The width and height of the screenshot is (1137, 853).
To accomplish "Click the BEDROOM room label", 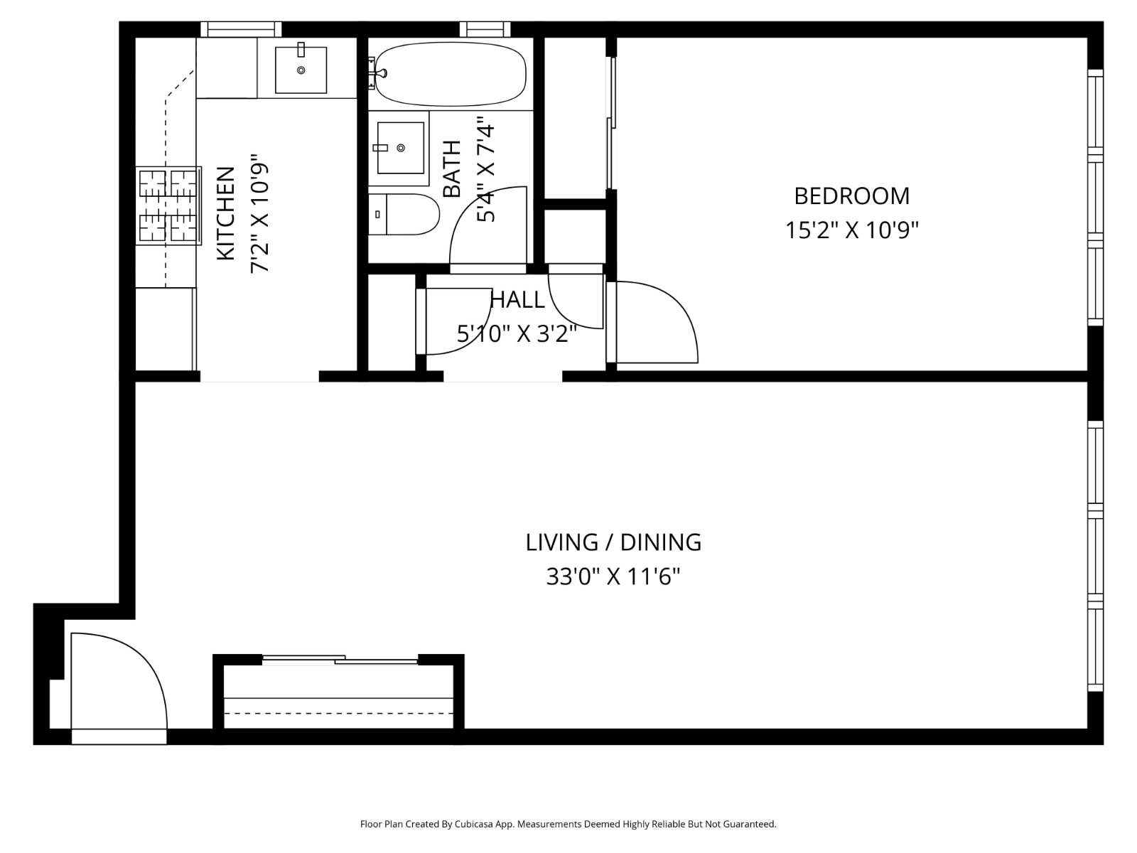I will (851, 195).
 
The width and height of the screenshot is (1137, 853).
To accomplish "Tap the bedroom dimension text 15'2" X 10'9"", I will (851, 230).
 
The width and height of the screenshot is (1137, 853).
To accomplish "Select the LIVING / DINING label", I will (613, 542).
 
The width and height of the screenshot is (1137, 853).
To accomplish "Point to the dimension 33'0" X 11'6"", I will (613, 576).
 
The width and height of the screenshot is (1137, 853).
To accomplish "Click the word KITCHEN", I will (225, 213).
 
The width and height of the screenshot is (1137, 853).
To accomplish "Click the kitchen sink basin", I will (301, 70).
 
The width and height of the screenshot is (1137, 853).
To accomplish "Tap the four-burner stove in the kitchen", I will (168, 206).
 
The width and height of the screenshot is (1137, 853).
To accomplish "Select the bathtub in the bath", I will (451, 74).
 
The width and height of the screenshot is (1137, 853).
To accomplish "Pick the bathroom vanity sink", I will (400, 148).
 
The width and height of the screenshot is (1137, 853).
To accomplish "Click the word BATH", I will (452, 169).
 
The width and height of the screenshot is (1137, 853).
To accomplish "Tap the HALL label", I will (518, 300).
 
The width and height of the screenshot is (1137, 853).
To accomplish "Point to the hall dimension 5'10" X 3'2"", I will (517, 333).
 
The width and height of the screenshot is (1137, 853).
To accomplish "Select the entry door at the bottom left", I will (117, 682).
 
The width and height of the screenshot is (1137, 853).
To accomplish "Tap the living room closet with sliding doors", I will (338, 693).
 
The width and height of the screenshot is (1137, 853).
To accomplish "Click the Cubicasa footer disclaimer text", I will (568, 825).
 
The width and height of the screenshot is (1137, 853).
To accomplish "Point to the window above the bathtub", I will (485, 29).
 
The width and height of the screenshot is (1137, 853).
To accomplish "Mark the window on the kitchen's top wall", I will (241, 29).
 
